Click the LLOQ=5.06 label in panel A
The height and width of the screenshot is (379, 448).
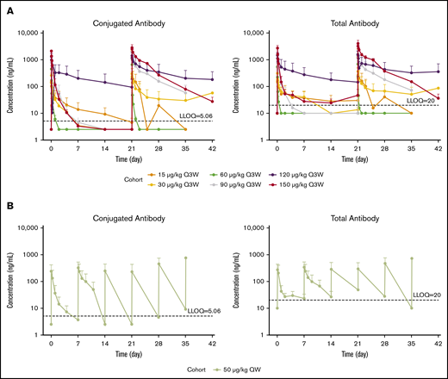tap(196, 115)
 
